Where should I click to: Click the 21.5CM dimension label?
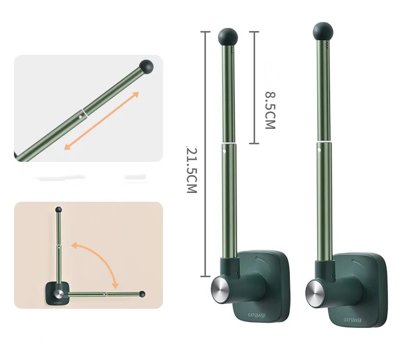tap(191, 170)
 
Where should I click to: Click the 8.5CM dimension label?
tap(270, 110)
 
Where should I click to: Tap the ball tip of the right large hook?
tap(323, 32)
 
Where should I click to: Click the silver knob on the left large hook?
tap(220, 286)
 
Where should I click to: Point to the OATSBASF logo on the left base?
tap(257, 315)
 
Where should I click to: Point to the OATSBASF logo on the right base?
tap(353, 320)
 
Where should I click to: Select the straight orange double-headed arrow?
tap(101, 121)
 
